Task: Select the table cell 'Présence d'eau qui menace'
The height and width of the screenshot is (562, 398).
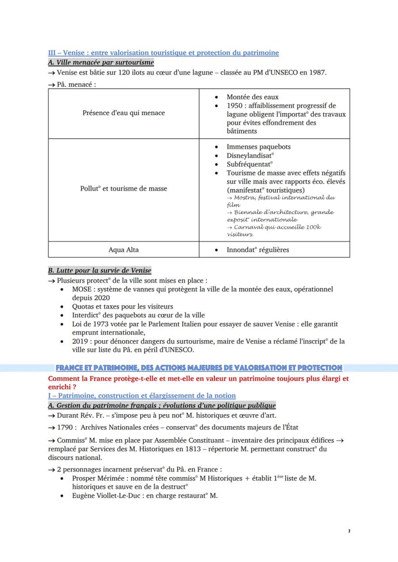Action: click(123, 113)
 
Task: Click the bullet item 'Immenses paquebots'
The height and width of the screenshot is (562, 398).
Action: click(258, 147)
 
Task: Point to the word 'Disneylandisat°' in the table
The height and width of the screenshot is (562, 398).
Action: click(250, 155)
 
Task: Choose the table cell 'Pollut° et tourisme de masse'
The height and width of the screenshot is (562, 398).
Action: click(124, 189)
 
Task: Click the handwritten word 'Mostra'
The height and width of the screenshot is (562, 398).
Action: click(244, 198)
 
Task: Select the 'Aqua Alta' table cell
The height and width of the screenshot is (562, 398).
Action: click(123, 250)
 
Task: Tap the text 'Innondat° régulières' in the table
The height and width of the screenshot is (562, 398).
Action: click(258, 250)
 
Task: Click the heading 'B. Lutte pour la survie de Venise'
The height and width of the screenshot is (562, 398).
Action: click(99, 271)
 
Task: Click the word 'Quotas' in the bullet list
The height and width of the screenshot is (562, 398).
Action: click(83, 306)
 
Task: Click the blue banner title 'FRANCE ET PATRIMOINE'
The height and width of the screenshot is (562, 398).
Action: click(199, 368)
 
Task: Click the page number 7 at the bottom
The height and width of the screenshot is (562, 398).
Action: click(348, 531)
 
